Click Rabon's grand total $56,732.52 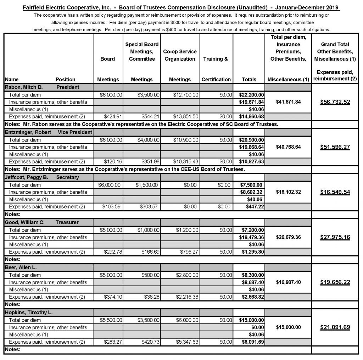coord(335,102)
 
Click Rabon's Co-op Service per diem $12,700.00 coord(186,95)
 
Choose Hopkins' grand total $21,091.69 coord(335,327)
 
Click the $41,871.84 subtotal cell coord(288,102)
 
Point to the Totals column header coord(249,79)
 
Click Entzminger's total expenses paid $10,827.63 coord(251,161)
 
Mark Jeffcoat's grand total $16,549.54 coord(335,192)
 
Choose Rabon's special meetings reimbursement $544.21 coord(150,117)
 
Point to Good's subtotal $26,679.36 coord(288,237)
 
